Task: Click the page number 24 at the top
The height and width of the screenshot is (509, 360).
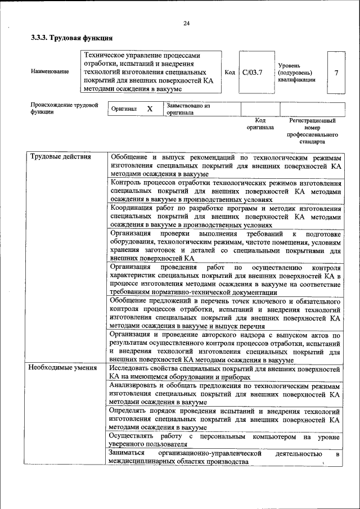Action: click(x=186, y=23)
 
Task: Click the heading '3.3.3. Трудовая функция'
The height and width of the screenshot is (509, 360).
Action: click(x=71, y=39)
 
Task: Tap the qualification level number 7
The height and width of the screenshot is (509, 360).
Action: click(x=336, y=73)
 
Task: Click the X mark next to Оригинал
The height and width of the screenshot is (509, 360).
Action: click(x=150, y=109)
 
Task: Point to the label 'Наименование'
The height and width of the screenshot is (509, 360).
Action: click(x=51, y=71)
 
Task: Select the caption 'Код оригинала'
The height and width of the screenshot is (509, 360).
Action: click(x=260, y=124)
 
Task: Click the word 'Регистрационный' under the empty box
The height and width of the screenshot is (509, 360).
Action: click(x=312, y=120)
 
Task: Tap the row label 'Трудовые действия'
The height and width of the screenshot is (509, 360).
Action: click(x=60, y=156)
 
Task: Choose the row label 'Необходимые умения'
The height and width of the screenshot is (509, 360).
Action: click(x=63, y=367)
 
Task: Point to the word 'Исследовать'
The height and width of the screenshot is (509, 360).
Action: click(x=132, y=367)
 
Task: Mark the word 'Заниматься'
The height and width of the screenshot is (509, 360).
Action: click(x=128, y=453)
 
